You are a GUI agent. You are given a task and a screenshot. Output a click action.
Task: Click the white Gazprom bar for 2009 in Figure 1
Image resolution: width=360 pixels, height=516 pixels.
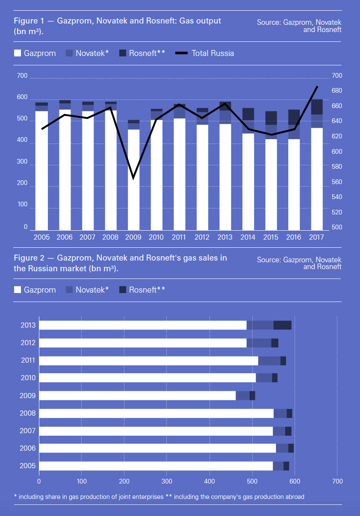pyautogui.click(x=133, y=179)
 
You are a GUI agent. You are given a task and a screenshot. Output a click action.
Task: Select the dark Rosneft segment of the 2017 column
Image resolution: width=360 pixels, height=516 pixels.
pyautogui.click(x=317, y=107)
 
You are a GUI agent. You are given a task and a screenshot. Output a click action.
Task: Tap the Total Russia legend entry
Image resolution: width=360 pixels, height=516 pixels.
pyautogui.click(x=205, y=53)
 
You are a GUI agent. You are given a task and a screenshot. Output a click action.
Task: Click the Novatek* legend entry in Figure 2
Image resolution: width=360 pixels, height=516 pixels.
pyautogui.click(x=87, y=290)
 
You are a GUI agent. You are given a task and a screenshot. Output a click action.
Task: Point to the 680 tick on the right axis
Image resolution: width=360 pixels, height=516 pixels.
pyautogui.click(x=337, y=91)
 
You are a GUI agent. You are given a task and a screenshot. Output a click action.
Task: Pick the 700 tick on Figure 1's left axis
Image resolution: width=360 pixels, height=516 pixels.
pyautogui.click(x=22, y=76)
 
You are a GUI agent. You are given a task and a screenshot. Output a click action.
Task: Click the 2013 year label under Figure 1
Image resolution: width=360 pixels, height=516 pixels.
pyautogui.click(x=225, y=237)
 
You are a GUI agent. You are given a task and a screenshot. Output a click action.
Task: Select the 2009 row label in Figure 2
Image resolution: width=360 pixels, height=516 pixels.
pyautogui.click(x=27, y=396)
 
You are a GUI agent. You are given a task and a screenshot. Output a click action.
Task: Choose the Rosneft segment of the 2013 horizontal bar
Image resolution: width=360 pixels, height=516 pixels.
pyautogui.click(x=282, y=325)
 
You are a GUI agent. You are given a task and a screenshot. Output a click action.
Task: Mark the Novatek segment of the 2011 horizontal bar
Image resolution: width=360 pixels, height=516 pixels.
pyautogui.click(x=269, y=361)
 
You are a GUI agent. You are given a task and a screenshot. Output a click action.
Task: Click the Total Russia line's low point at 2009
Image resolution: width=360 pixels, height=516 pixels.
pyautogui.click(x=133, y=178)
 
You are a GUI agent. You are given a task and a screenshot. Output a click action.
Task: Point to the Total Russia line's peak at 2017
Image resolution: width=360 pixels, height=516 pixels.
pyautogui.click(x=317, y=86)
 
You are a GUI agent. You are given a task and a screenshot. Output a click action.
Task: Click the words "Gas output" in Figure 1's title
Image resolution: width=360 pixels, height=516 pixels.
pyautogui.click(x=201, y=21)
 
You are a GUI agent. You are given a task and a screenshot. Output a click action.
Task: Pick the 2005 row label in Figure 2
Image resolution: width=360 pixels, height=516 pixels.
pyautogui.click(x=27, y=466)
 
